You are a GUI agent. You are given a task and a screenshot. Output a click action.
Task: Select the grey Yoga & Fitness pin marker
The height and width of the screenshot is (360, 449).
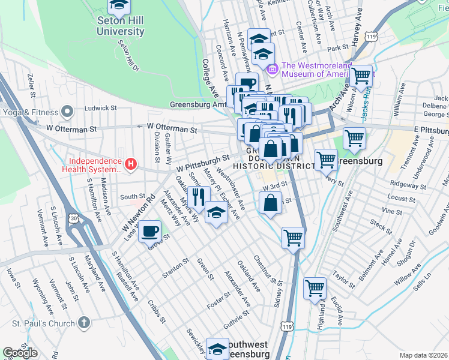(67, 112)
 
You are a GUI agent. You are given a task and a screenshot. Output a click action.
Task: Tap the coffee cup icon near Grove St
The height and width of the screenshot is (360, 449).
(149, 230)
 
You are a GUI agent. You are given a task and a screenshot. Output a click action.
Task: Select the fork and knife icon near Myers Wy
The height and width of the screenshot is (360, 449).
(199, 196)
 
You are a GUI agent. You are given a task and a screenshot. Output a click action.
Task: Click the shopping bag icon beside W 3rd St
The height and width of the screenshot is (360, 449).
(271, 202)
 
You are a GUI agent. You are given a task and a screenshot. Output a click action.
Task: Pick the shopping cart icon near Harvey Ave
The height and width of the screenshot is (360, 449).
(361, 76)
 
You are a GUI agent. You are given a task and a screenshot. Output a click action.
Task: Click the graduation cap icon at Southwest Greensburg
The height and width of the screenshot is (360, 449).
(217, 349)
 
